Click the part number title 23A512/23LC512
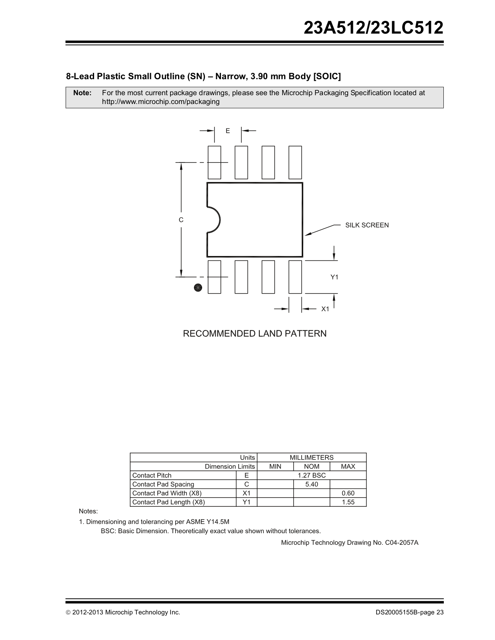coord(373,28)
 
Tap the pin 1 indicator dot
coord(198,288)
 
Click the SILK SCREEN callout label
coord(367,225)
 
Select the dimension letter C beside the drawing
coord(181,220)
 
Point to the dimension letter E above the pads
coord(228,131)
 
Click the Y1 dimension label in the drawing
coord(335,277)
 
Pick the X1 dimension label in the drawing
coord(325,309)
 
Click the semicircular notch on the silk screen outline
coord(214,220)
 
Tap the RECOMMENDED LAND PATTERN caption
coord(255,334)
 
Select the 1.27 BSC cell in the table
coord(312,475)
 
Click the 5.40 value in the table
coord(312,484)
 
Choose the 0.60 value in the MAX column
coord(348,493)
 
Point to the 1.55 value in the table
coord(348,502)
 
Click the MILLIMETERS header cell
coord(311,458)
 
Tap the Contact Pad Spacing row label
coord(163,484)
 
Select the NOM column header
coord(312,466)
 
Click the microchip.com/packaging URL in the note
coord(161,102)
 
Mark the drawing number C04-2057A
coord(401,543)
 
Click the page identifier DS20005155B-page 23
coord(409,612)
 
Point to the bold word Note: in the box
coord(82,93)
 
